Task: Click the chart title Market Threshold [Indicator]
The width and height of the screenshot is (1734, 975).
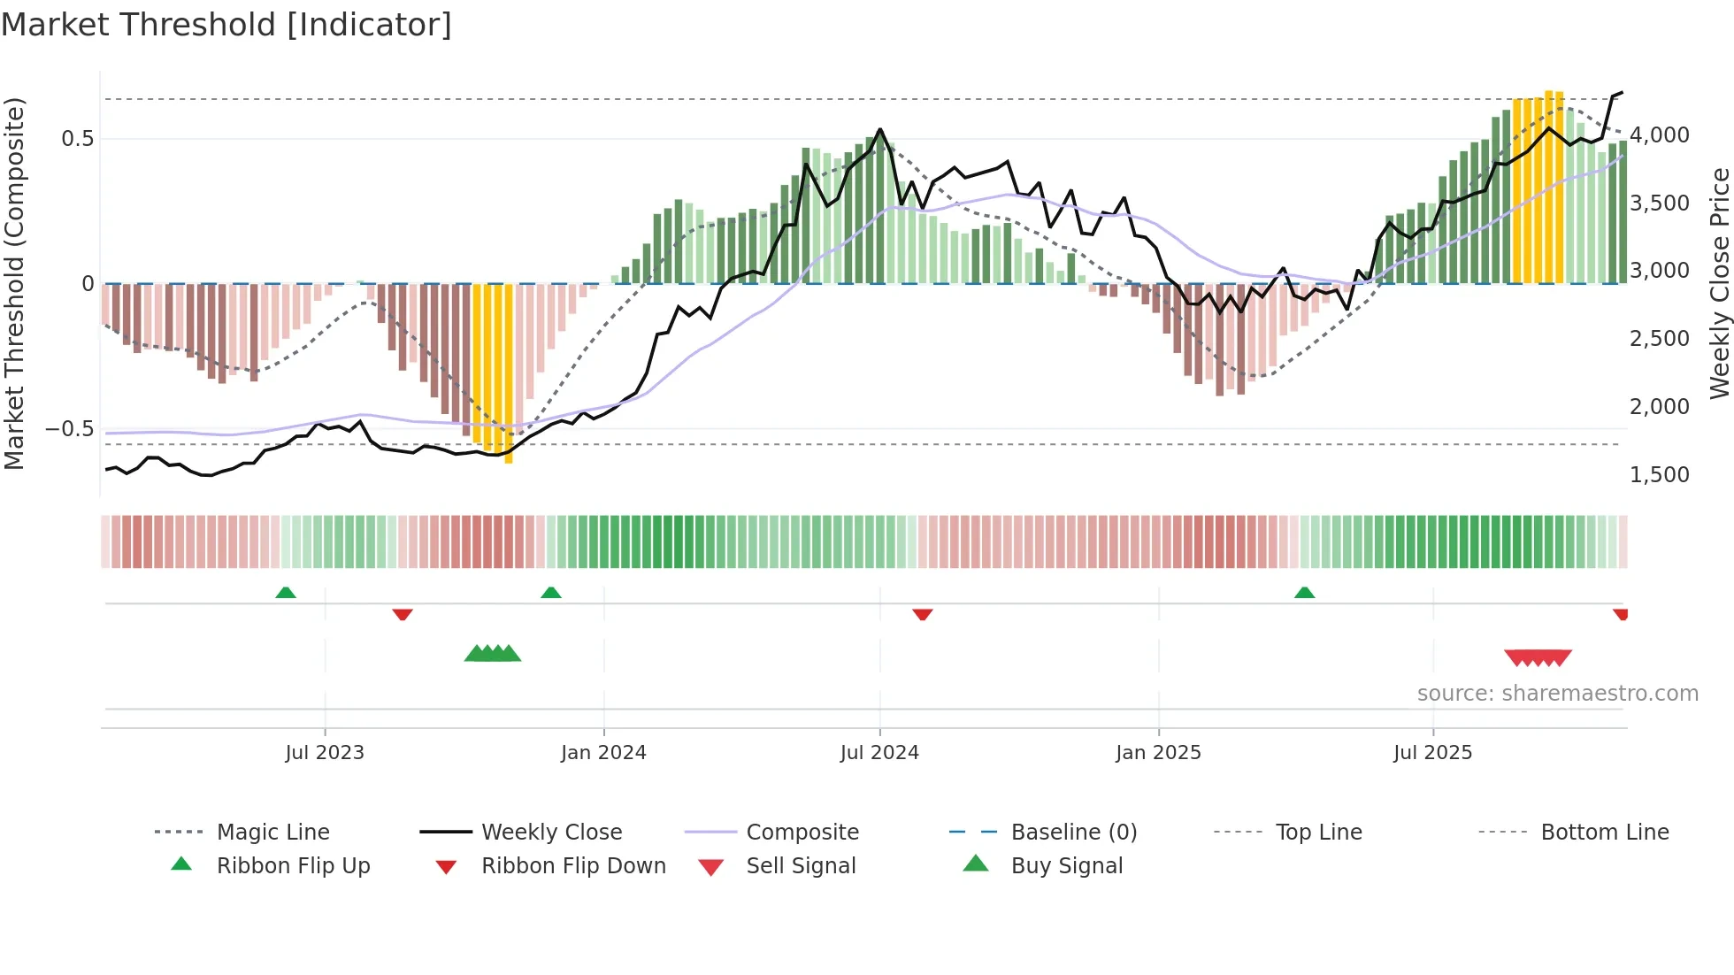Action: pos(226,25)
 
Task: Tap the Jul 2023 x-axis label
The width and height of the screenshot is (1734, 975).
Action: pos(325,753)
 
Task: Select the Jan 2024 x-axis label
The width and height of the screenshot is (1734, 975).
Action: pos(603,753)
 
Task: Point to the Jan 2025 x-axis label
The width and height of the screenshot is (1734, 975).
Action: pos(1158,753)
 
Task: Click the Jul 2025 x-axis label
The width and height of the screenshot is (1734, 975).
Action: pos(1432,753)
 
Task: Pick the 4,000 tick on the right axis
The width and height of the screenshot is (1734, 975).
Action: pos(1659,135)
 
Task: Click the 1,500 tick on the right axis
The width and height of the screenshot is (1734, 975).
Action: pos(1659,475)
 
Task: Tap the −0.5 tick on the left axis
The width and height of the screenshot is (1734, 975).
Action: pos(69,429)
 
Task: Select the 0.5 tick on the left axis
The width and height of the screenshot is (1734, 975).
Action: pos(77,139)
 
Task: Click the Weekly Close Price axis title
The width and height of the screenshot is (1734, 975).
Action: pos(1719,283)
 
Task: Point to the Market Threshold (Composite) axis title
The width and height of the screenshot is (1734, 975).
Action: pos(14,283)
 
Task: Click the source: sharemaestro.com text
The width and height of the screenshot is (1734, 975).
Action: pos(1557,694)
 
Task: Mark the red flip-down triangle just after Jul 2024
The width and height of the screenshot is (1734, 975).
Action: pos(923,614)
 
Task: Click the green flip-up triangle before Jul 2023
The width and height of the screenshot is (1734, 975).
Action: pos(286,593)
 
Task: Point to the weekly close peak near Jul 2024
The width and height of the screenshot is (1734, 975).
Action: pos(879,130)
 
